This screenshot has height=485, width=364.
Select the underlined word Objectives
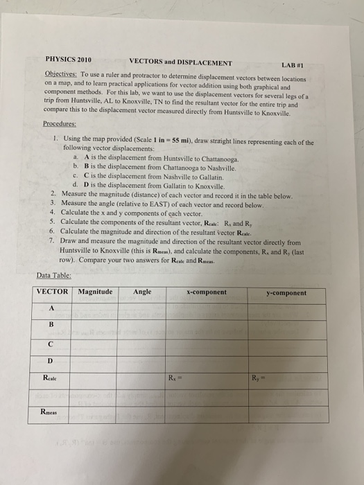tap(60, 73)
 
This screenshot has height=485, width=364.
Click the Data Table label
tap(53, 275)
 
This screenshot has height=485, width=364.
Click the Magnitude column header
tap(96, 292)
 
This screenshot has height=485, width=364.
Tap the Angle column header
tap(143, 292)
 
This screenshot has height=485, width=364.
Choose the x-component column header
tap(206, 292)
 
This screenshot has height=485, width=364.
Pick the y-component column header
tap(286, 293)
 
